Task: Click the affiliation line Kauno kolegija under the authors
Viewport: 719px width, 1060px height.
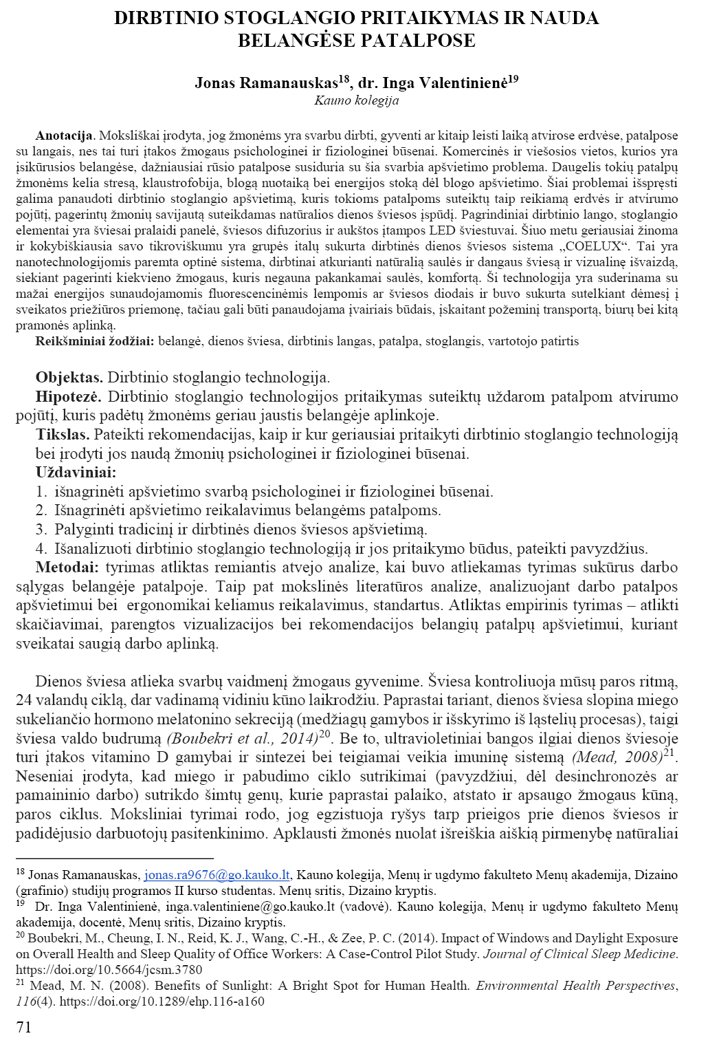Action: click(x=356, y=100)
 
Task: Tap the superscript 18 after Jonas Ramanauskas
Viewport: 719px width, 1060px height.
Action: click(x=344, y=79)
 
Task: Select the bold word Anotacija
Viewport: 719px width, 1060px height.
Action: click(x=64, y=136)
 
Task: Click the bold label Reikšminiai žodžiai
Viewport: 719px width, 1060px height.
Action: click(x=95, y=341)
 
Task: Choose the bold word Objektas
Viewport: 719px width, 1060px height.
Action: click(x=69, y=377)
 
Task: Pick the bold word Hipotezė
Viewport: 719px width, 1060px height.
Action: click(x=68, y=396)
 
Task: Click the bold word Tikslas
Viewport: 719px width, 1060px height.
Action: click(x=63, y=435)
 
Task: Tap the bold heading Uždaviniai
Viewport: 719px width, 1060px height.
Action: click(x=76, y=473)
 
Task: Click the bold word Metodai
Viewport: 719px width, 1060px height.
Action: click(x=67, y=567)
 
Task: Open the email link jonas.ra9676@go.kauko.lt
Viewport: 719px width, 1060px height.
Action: click(x=217, y=875)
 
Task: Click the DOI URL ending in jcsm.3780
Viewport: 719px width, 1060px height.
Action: click(x=109, y=970)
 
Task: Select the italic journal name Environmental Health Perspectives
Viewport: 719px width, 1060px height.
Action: click(x=576, y=986)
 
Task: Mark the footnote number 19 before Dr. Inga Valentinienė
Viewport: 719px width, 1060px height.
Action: click(x=21, y=903)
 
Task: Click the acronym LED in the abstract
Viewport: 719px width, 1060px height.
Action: click(x=442, y=230)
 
